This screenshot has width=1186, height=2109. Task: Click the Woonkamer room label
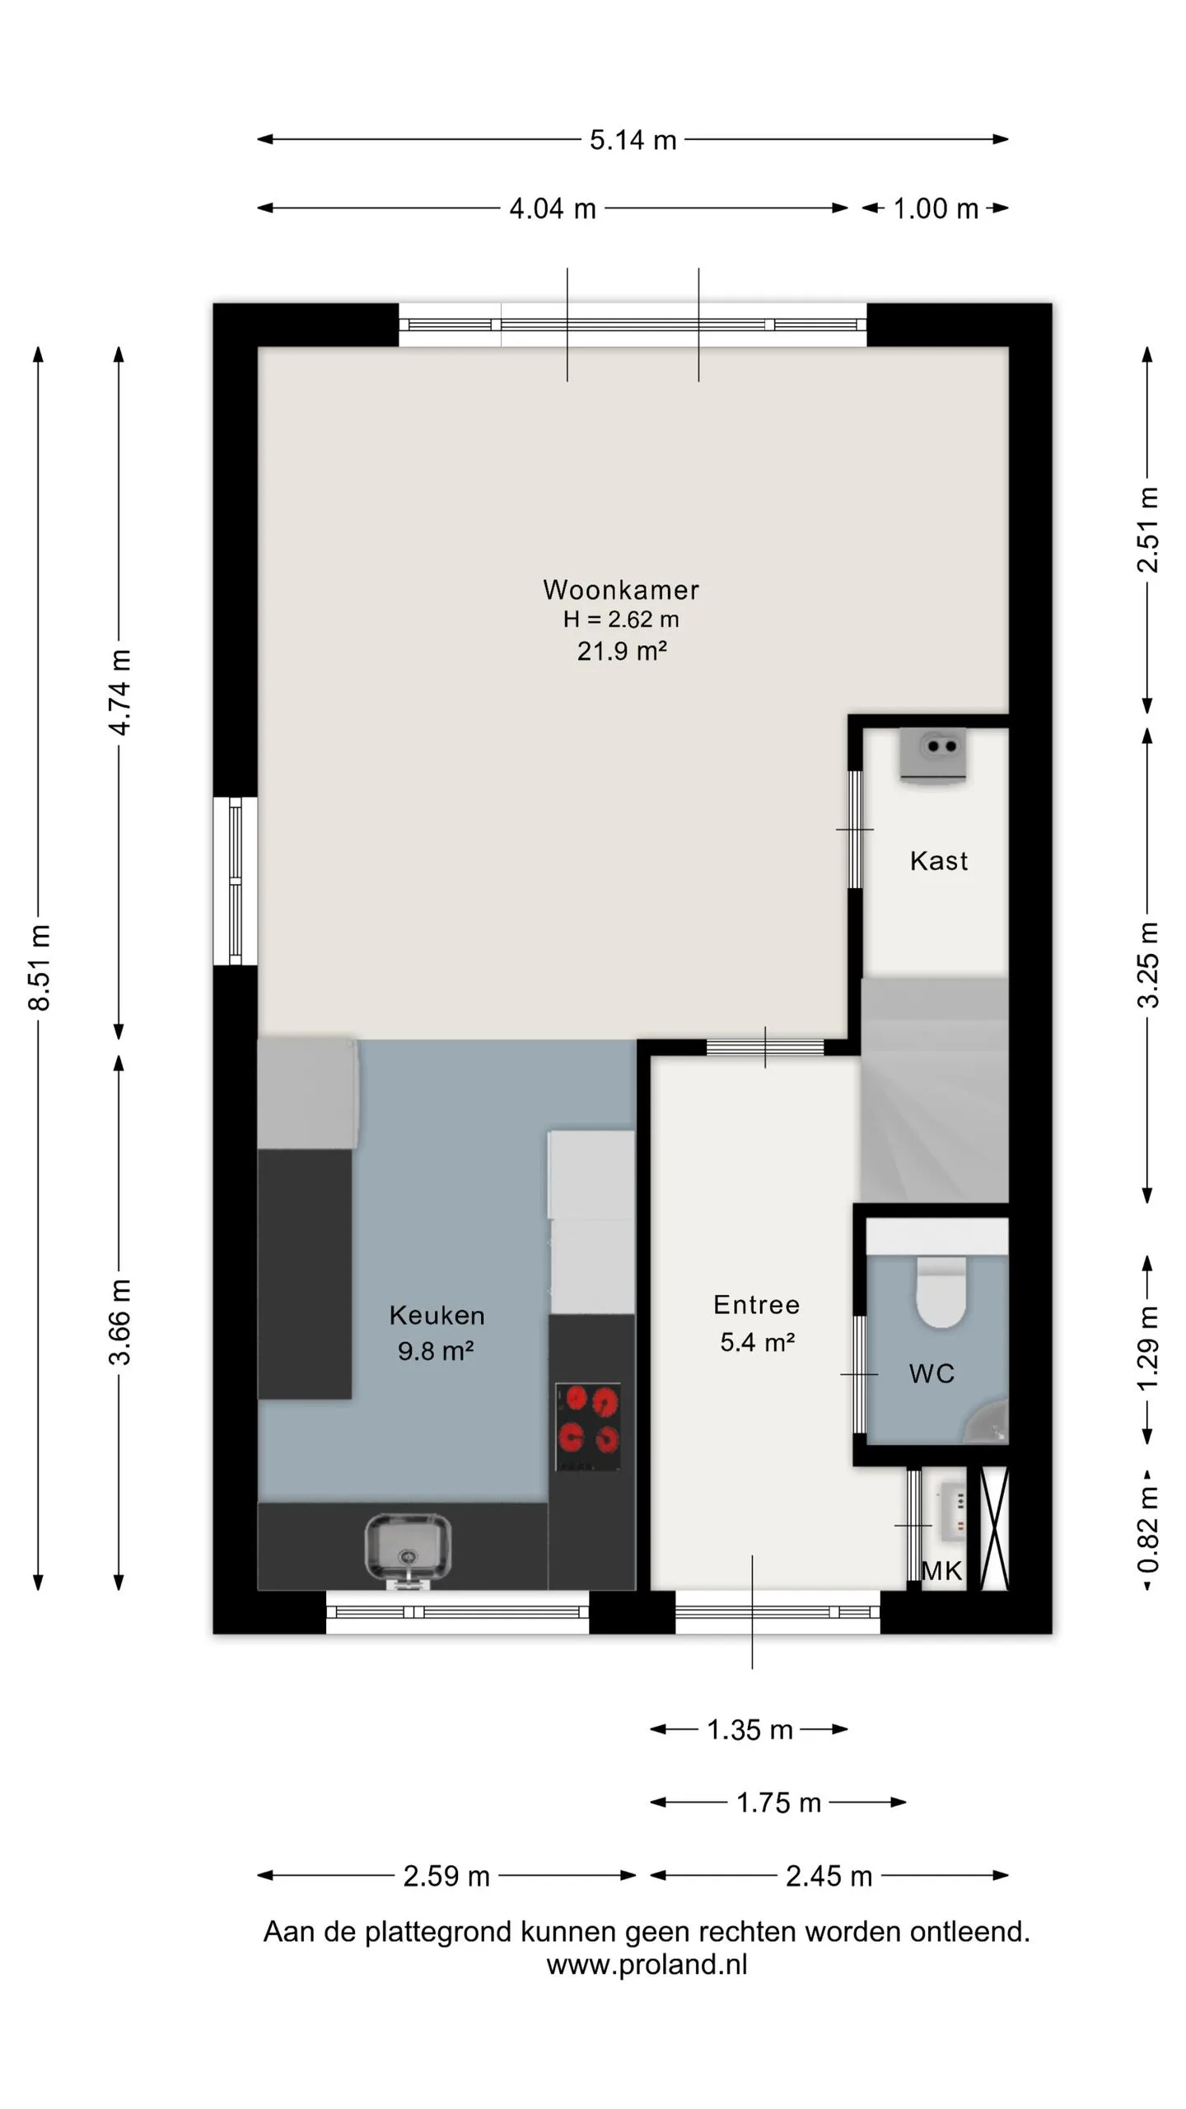[x=621, y=590]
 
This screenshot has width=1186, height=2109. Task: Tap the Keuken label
[x=437, y=1315]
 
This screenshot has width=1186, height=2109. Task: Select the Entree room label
[x=756, y=1304]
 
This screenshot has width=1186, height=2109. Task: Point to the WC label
[x=932, y=1373]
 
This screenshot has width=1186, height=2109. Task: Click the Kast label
[x=939, y=861]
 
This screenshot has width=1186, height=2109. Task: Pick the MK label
[x=941, y=1571]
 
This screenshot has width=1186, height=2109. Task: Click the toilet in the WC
[x=941, y=1291]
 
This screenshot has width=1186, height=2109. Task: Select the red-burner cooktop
[x=588, y=1427]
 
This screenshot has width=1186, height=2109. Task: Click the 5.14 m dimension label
[x=633, y=140]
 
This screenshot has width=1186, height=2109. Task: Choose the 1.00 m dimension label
[x=936, y=208]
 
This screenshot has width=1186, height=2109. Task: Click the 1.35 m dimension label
[x=749, y=1729]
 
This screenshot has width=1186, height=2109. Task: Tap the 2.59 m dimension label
[x=446, y=1876]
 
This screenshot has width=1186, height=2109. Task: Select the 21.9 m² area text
[x=622, y=651]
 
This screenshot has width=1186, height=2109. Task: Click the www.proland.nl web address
[x=647, y=1965]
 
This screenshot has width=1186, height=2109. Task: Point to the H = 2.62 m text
[x=621, y=620]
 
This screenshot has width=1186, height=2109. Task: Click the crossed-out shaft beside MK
[x=994, y=1529]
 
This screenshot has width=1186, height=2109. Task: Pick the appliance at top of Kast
[x=933, y=755]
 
